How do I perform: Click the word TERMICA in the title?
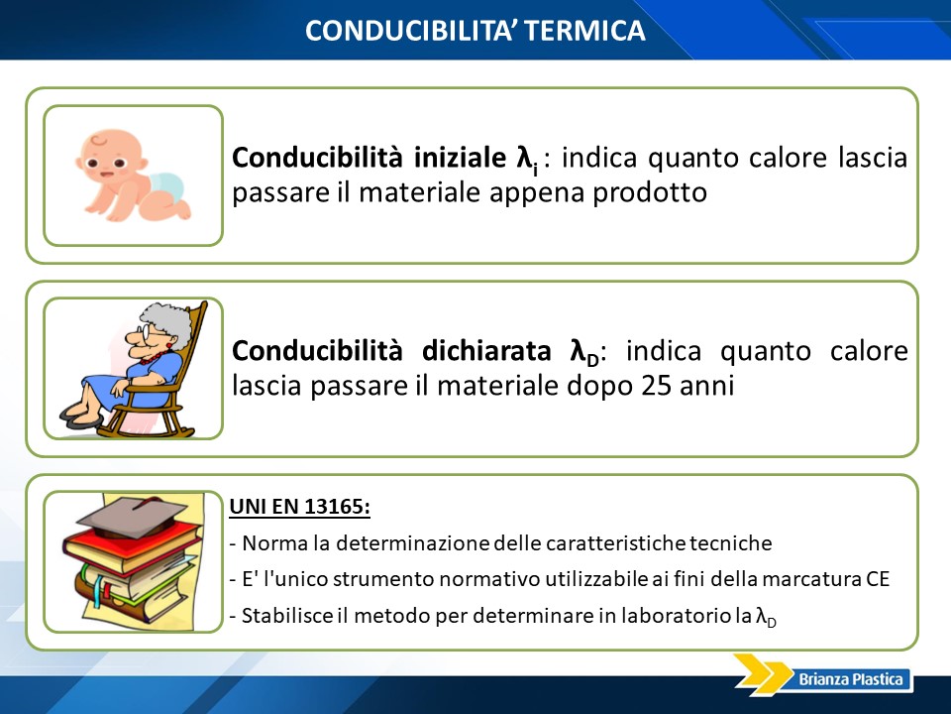584,31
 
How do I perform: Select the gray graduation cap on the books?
132,516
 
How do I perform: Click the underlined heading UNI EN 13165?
299,507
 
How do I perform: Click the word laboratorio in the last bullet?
676,615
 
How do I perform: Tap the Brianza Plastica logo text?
851,678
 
